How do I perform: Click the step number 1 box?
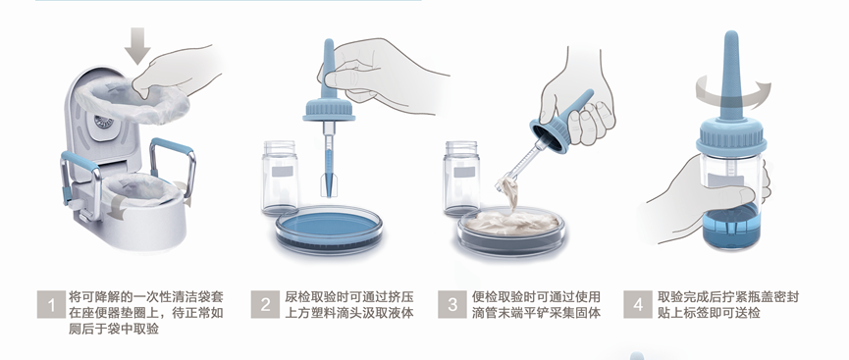51,305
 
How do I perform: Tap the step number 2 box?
265,305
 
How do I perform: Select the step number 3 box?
452,305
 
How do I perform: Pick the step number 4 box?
638,305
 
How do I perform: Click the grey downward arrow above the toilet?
137,45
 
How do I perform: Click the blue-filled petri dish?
329,229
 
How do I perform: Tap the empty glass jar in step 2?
280,179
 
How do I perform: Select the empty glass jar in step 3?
460,179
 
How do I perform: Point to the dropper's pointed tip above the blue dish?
329,194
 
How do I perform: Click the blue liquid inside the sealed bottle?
731,227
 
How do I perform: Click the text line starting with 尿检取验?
349,297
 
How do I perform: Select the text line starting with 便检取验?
537,297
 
